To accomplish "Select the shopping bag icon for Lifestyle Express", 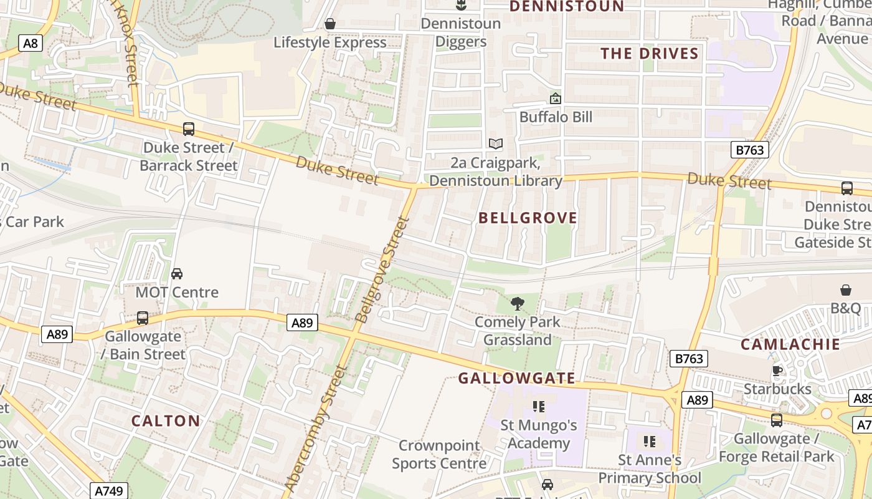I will tap(330, 24).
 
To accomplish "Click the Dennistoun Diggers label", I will tap(460, 32).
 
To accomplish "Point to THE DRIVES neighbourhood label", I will tap(650, 54).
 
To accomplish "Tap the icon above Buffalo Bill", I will tap(555, 99).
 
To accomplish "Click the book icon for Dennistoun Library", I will tap(496, 144).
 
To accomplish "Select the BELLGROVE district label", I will tap(528, 218).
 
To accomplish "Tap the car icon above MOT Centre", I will tap(177, 274).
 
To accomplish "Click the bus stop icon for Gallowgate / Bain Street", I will tap(143, 318).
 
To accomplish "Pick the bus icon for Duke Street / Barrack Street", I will tap(188, 129).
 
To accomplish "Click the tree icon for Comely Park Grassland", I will tap(517, 304).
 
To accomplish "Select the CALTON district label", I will tap(166, 421).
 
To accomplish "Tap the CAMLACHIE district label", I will tap(790, 344).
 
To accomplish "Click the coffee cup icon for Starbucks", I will tap(777, 371).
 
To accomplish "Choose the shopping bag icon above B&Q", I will tap(845, 290).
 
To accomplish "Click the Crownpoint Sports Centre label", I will tap(439, 455).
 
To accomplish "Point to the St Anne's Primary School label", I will tap(650, 469).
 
